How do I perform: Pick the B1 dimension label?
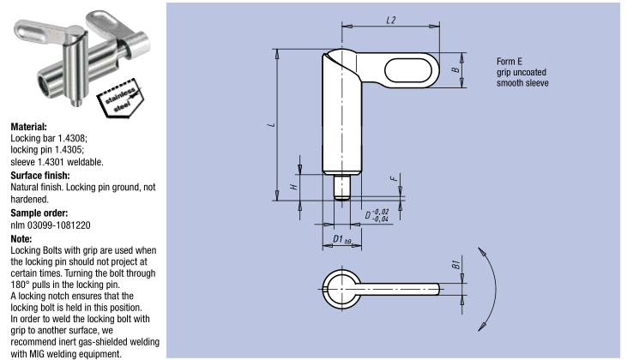(x=455, y=264)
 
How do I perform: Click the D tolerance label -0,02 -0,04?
(x=376, y=215)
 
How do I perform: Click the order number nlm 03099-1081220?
(x=50, y=225)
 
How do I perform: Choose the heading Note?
(x=21, y=238)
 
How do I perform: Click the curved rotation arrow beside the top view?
(x=493, y=285)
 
